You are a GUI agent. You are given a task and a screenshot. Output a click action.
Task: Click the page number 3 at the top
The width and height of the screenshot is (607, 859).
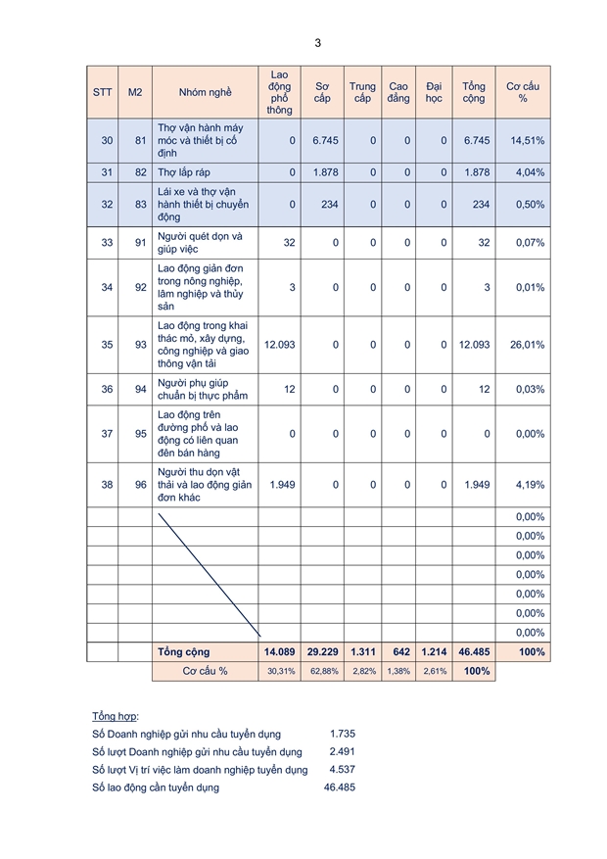(317, 43)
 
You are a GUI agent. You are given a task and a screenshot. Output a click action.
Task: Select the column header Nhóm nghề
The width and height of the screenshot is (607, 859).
(205, 92)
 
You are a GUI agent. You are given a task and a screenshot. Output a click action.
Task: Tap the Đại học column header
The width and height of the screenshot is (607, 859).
(434, 92)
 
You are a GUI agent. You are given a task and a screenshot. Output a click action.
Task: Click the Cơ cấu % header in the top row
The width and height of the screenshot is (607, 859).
(522, 92)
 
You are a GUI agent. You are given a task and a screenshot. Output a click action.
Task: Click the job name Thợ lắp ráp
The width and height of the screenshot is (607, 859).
(184, 172)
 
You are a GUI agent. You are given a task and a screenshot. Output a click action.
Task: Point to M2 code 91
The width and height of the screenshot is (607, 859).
(135, 243)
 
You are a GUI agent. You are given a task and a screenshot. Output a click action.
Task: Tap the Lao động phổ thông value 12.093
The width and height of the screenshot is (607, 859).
(280, 345)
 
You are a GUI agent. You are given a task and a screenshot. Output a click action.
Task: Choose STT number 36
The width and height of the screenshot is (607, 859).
(107, 389)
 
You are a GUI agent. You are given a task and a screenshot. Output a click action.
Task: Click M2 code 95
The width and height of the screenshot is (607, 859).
(135, 434)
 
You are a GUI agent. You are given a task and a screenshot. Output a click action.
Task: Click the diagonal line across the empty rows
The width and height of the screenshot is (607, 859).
(209, 572)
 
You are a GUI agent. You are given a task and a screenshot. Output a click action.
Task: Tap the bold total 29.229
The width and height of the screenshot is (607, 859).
(322, 652)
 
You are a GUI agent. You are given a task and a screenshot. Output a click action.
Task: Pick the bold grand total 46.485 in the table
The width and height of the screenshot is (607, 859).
(473, 652)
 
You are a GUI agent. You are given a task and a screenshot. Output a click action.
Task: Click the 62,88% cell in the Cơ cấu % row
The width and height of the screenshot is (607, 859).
(322, 672)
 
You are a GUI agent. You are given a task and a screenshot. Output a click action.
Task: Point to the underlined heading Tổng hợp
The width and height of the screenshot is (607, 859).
(115, 716)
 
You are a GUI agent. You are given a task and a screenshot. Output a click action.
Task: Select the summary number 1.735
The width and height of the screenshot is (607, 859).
(341, 734)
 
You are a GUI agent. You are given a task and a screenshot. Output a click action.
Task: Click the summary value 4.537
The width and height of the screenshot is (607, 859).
(341, 770)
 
